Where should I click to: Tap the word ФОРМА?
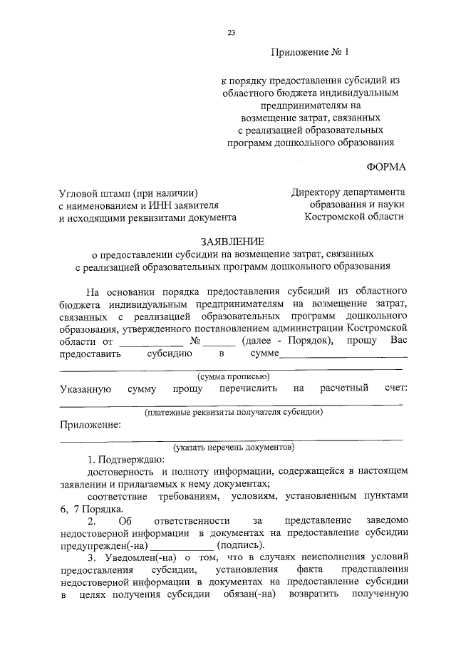pyautogui.click(x=385, y=167)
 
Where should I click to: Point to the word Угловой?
pyautogui.click(x=80, y=192)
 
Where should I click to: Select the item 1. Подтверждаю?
pyautogui.click(x=125, y=460)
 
